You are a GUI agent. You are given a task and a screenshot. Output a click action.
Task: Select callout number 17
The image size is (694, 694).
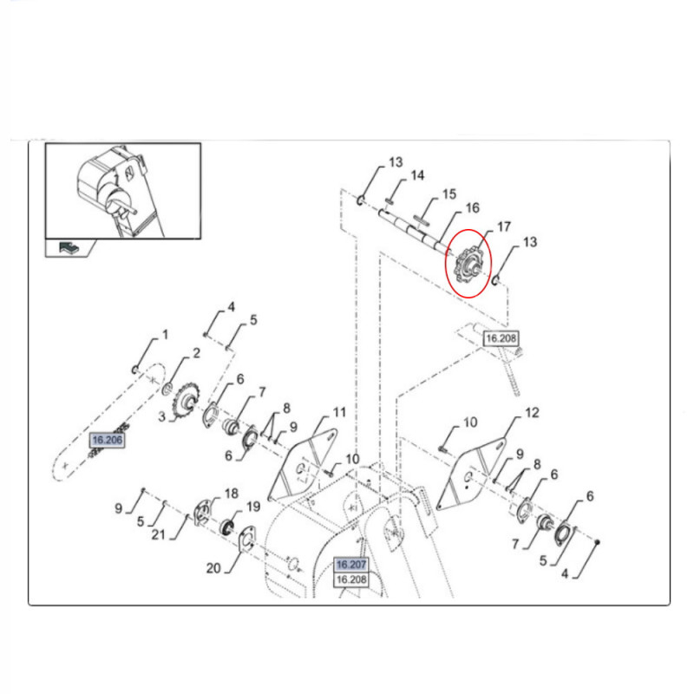point(504,227)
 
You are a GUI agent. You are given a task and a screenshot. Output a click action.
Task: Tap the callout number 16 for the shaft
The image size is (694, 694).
point(472,207)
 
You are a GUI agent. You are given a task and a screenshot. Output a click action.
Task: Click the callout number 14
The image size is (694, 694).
point(417,176)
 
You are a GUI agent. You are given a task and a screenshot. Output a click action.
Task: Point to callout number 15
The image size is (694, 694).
point(448,194)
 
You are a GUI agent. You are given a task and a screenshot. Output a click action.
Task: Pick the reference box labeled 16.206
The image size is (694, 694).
point(107,440)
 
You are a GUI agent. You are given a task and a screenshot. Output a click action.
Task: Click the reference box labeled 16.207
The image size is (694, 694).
point(351,565)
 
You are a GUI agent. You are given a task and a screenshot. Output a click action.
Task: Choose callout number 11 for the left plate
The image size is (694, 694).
point(339,413)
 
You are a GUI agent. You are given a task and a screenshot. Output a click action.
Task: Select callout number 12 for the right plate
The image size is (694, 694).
point(532,413)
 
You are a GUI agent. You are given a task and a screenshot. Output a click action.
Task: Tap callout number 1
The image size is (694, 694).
point(165,335)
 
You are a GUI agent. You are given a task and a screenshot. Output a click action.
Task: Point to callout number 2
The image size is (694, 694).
point(196,353)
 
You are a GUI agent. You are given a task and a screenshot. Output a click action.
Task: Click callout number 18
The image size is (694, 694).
point(232,494)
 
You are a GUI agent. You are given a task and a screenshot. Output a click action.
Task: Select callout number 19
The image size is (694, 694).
point(253,507)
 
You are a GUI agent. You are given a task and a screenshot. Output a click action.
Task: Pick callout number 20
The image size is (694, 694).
point(213,568)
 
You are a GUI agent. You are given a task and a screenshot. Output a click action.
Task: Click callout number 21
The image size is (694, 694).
point(159,534)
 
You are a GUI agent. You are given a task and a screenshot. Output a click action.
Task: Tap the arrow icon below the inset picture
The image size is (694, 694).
point(69,247)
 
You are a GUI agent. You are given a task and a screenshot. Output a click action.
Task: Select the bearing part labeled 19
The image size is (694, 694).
point(227,527)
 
